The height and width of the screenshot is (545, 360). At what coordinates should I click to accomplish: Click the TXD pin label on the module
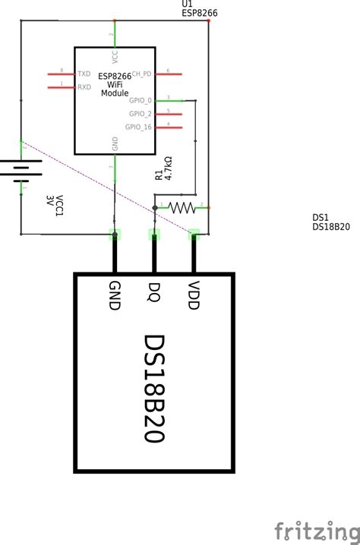(x=84, y=74)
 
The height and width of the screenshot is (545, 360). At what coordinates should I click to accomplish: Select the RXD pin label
(x=84, y=87)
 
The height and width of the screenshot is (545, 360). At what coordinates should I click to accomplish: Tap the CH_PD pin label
(x=142, y=74)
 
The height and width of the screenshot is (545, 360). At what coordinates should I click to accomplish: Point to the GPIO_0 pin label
(x=141, y=100)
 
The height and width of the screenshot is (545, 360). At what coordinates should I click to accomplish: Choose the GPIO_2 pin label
(x=141, y=113)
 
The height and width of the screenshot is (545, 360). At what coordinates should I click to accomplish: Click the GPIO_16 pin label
(x=139, y=127)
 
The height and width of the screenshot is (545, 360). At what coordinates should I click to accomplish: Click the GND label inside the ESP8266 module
(x=115, y=143)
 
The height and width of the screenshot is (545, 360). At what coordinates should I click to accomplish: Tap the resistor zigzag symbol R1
(x=182, y=206)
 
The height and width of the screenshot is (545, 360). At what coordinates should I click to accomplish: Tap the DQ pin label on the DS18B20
(x=154, y=291)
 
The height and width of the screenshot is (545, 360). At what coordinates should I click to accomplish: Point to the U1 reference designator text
(x=187, y=5)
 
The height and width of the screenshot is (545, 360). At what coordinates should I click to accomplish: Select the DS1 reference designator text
(x=321, y=217)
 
